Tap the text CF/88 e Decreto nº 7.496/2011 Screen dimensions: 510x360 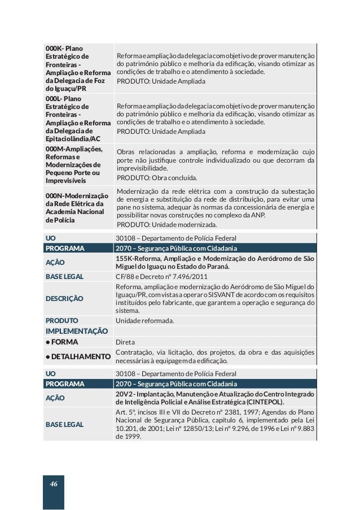click(161, 277)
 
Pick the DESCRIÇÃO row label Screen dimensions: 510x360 click(64, 298)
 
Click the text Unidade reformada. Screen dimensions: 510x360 click(144, 320)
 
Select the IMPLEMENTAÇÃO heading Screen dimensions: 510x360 click(77, 331)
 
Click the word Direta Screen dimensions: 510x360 click(125, 342)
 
